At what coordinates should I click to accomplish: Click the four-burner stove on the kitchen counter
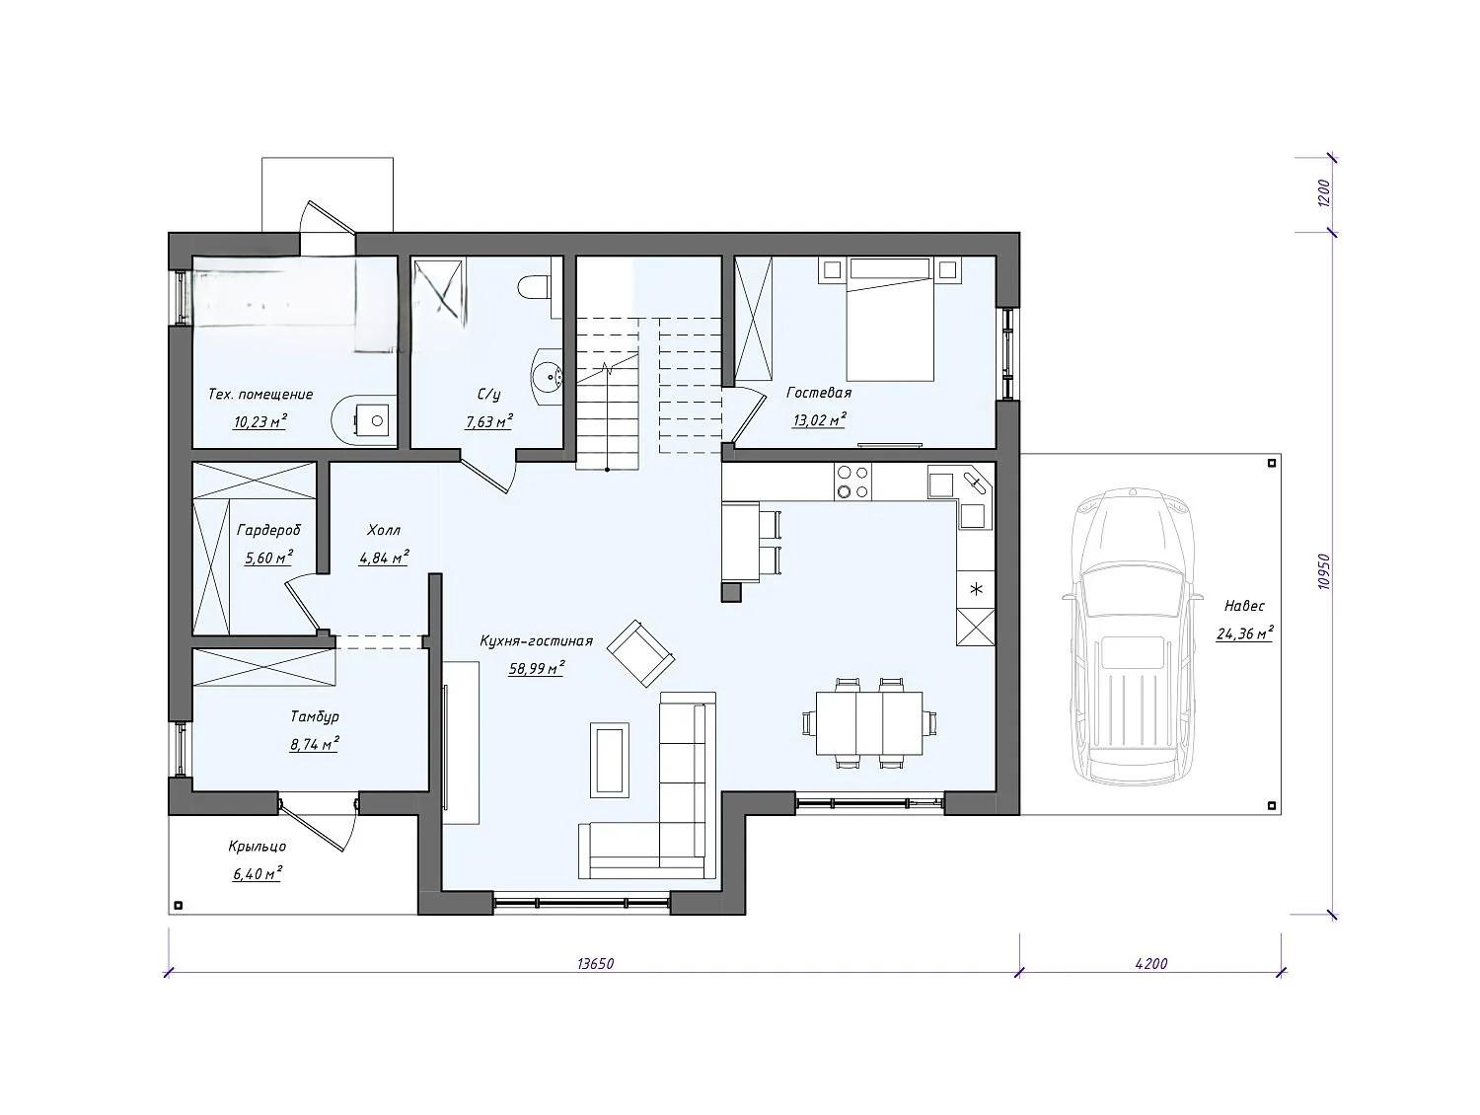pyautogui.click(x=852, y=482)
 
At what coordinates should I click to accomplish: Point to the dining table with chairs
pyautogui.click(x=869, y=722)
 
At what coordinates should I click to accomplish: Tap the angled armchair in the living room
pyautogui.click(x=640, y=652)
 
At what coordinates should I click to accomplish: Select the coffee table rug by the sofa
pyautogui.click(x=610, y=759)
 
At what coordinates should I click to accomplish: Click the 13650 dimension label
pyautogui.click(x=595, y=964)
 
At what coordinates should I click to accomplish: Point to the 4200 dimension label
pyautogui.click(x=1151, y=964)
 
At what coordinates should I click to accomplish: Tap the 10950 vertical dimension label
pyautogui.click(x=1326, y=572)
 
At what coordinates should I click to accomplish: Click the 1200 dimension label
pyautogui.click(x=1324, y=193)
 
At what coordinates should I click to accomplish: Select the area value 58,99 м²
pyautogui.click(x=537, y=669)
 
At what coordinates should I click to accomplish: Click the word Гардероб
pyautogui.click(x=268, y=530)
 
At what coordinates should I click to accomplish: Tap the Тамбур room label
pyautogui.click(x=314, y=716)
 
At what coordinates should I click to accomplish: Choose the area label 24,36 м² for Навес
pyautogui.click(x=1244, y=633)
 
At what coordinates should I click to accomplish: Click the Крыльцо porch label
pyautogui.click(x=257, y=847)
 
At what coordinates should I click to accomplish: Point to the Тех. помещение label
pyautogui.click(x=260, y=395)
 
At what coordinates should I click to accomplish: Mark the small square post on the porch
pyautogui.click(x=179, y=906)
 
